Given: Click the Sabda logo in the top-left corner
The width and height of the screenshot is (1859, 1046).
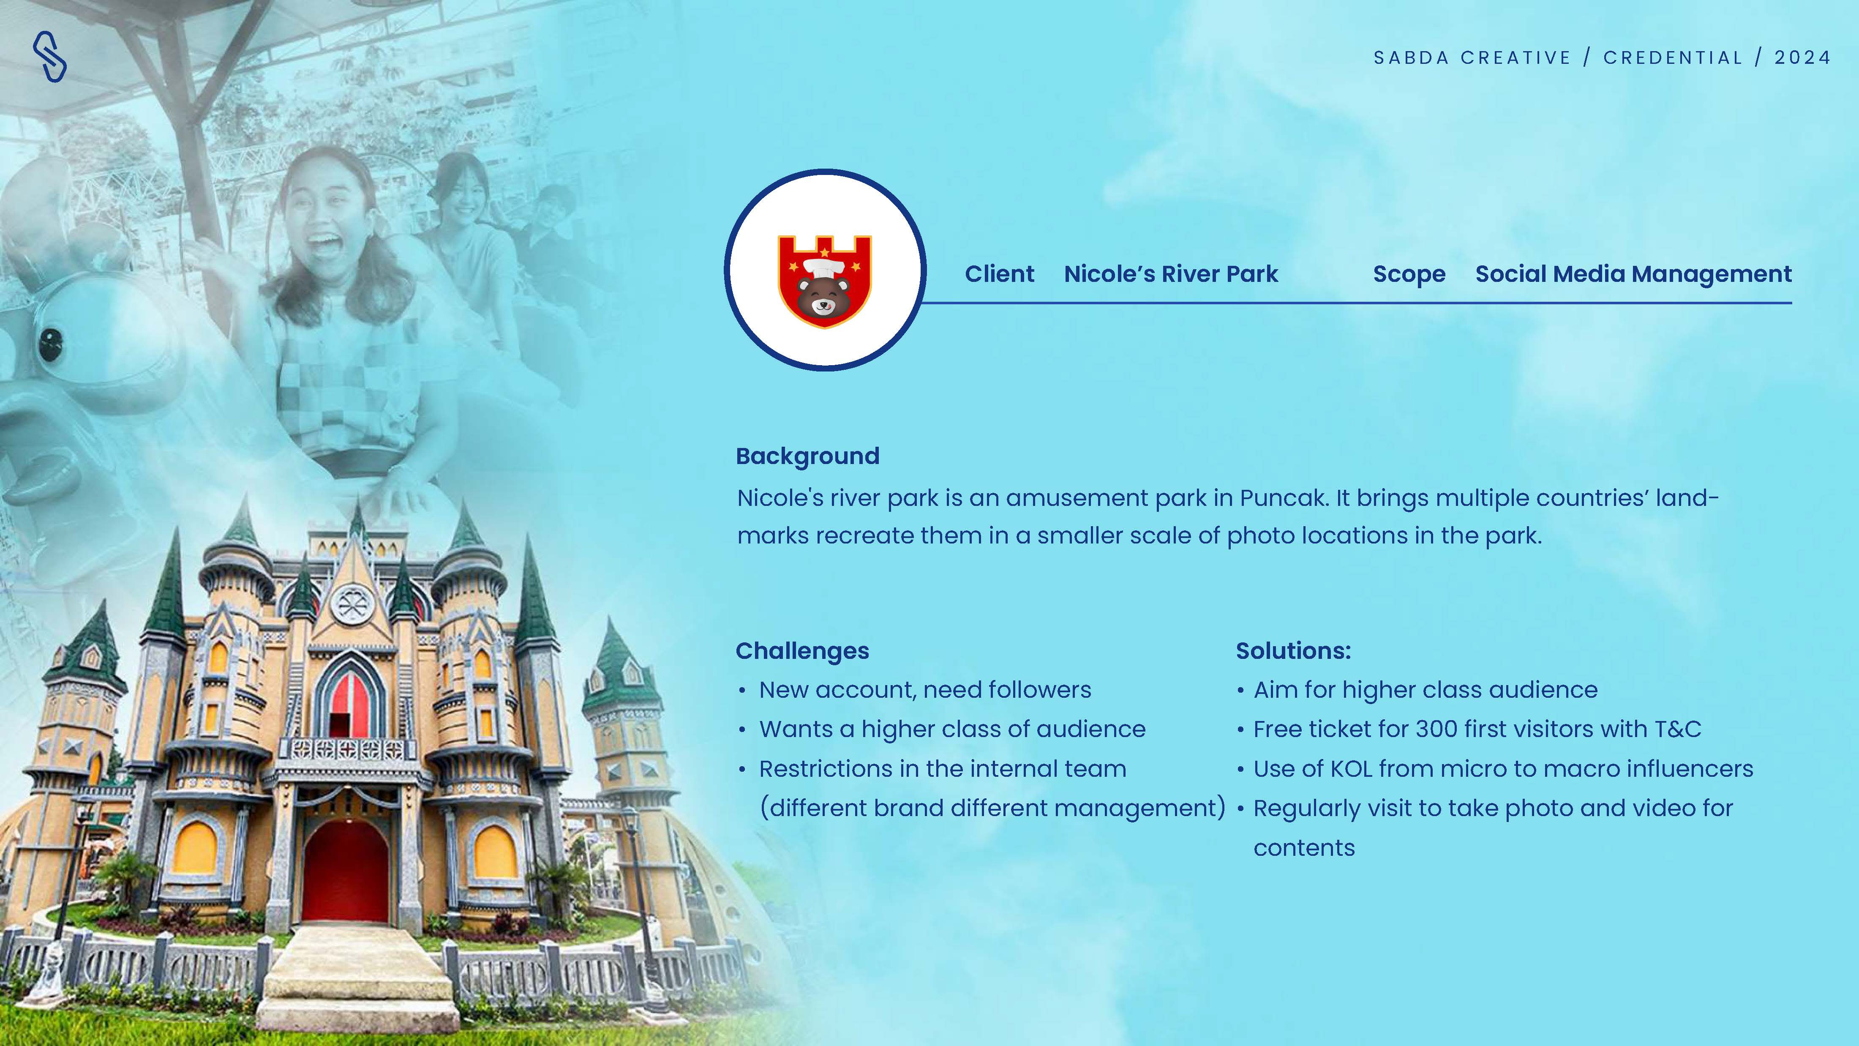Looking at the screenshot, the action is [50, 56].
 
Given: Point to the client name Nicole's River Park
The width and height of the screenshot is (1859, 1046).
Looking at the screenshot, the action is [1170, 274].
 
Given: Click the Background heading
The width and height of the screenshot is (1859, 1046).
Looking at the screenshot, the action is [807, 457].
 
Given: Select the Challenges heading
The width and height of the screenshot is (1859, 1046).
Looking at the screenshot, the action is [802, 652].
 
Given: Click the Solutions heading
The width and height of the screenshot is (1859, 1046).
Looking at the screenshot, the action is [1293, 651].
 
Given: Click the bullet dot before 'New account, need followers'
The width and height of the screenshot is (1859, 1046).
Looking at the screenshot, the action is [742, 691].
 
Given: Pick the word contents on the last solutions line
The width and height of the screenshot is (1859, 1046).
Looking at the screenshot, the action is [1304, 848].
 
